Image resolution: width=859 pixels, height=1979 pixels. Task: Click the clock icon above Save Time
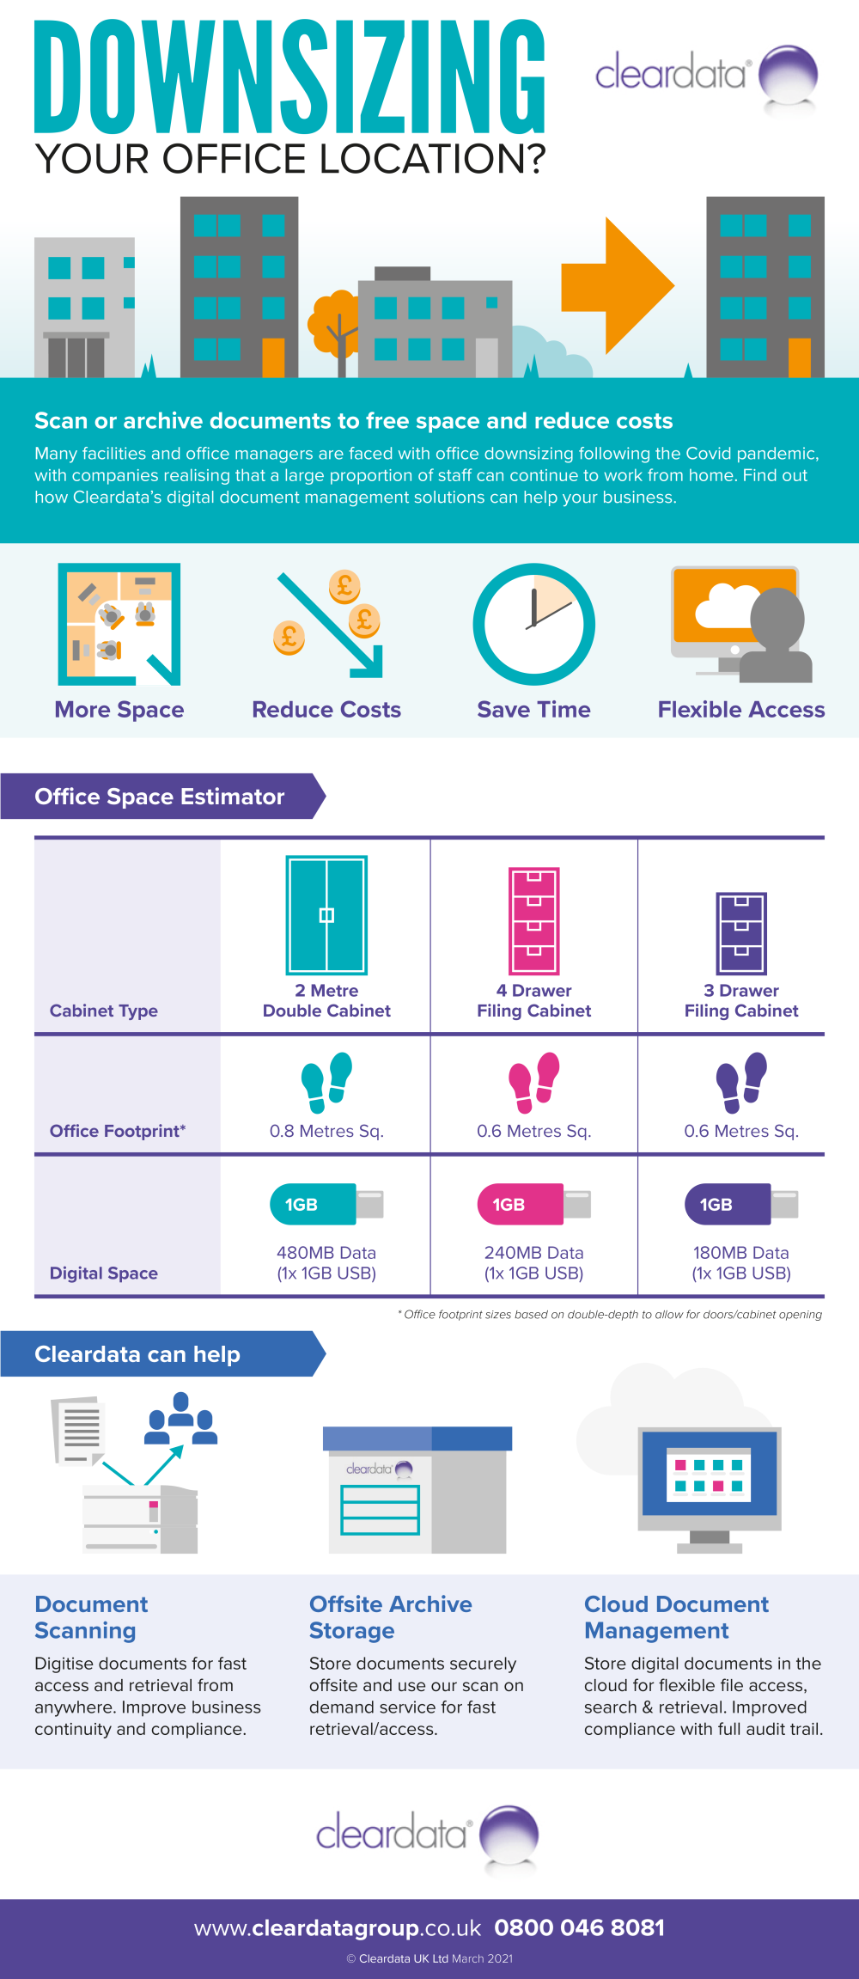533,624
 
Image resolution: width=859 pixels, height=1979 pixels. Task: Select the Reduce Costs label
326,710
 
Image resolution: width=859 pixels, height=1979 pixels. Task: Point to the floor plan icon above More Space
119,624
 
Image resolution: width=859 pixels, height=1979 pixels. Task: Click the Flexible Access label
741,710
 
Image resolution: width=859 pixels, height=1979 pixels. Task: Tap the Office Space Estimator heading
159,797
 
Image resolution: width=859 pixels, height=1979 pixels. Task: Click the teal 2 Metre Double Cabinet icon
326,914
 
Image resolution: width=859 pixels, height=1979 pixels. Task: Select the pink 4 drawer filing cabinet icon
534,921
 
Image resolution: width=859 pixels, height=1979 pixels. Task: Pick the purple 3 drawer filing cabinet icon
741,933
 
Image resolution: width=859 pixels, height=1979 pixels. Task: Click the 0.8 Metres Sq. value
326,1131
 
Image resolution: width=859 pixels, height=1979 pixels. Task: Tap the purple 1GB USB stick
741,1204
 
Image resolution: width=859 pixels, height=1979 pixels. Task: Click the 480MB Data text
326,1253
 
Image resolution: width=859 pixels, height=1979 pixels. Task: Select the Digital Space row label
104,1274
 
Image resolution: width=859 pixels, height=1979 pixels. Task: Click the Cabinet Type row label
104,1011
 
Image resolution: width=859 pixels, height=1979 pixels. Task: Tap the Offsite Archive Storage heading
391,1617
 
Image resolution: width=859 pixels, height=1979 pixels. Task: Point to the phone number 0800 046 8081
580,1927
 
